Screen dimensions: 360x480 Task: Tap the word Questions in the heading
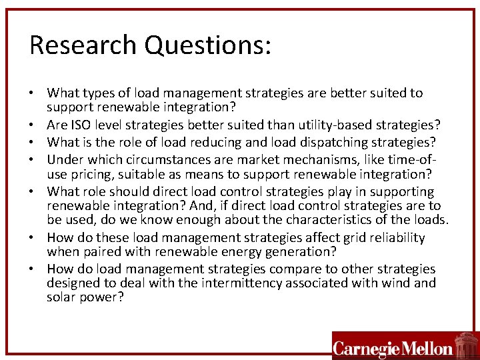(207, 46)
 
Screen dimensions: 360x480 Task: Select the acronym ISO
(79, 125)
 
